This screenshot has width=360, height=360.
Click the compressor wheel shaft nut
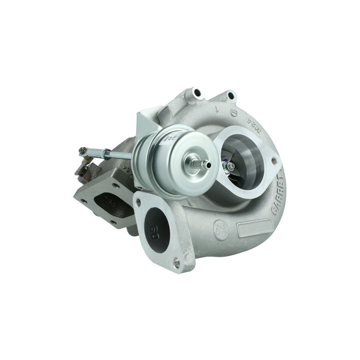tap(231, 165)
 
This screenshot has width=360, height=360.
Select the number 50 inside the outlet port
tap(155, 233)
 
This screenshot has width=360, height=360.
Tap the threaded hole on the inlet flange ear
tap(274, 161)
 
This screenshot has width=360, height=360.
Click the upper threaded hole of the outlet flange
tap(138, 202)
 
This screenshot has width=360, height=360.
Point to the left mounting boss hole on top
tap(196, 92)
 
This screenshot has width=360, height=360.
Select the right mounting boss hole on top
tap(231, 96)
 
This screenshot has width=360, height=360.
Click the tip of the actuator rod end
tap(82, 150)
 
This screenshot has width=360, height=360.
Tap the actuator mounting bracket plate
tap(145, 122)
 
